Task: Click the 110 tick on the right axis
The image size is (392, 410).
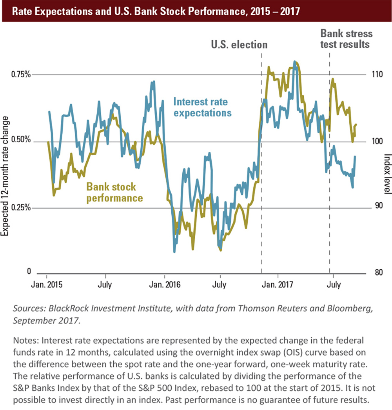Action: (376, 74)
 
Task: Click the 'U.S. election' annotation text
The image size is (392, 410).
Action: (239, 45)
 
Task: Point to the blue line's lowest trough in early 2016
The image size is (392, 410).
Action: (174, 251)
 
